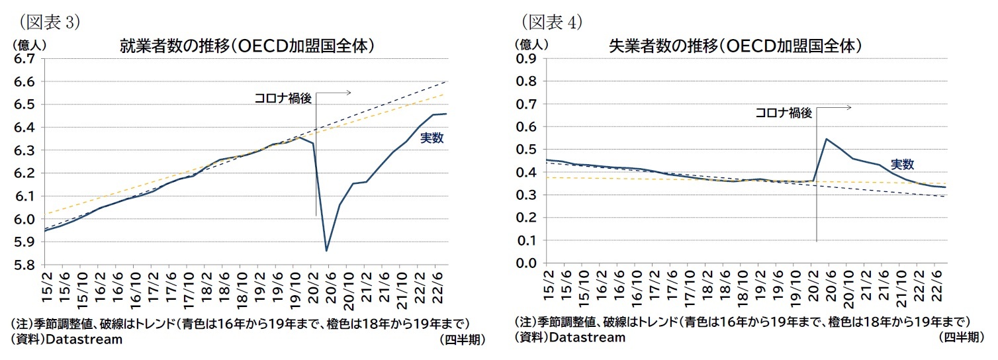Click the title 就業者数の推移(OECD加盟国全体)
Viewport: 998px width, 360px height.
pyautogui.click(x=247, y=46)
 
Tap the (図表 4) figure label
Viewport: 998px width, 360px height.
pyautogui.click(x=552, y=22)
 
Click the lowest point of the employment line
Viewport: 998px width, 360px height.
pyautogui.click(x=326, y=251)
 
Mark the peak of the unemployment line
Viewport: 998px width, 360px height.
pyautogui.click(x=826, y=139)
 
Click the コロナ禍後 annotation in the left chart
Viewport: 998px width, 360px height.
pyautogui.click(x=283, y=98)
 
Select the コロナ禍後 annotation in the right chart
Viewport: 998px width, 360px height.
pyautogui.click(x=784, y=112)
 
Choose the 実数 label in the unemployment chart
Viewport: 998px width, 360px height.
pyautogui.click(x=902, y=165)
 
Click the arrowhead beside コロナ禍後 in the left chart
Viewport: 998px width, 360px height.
pyautogui.click(x=348, y=93)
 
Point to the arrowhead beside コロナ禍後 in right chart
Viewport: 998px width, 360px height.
pyautogui.click(x=848, y=107)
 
